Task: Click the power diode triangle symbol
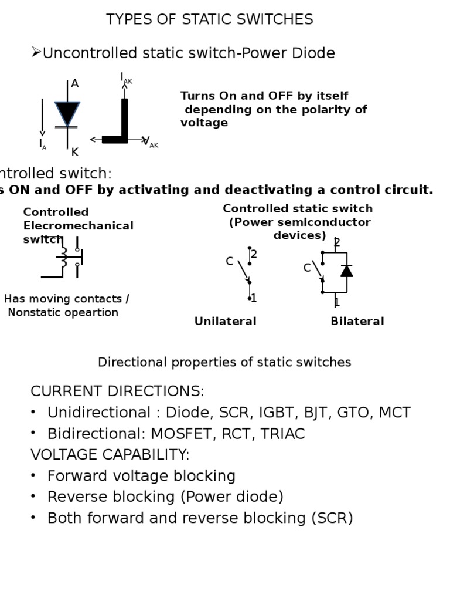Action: (67, 113)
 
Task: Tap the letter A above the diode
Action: (75, 84)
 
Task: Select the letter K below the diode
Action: (75, 153)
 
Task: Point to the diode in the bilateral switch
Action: (347, 271)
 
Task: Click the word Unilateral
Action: (226, 321)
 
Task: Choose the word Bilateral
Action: (357, 321)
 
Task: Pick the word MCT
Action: (395, 413)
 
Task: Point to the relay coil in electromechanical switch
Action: (63, 256)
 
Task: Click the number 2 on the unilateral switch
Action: (254, 255)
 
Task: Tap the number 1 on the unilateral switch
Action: (254, 298)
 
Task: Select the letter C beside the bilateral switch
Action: (307, 268)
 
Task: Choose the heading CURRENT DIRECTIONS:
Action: (117, 391)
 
